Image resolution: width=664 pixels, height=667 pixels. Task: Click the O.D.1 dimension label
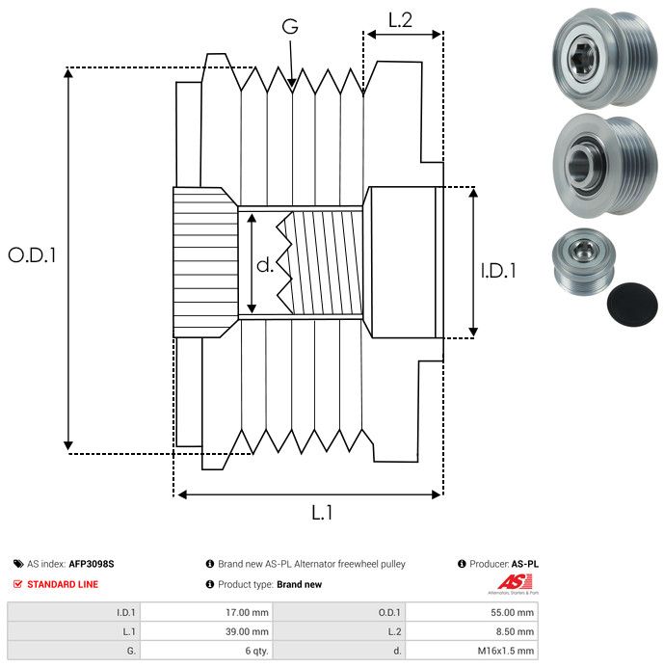33,255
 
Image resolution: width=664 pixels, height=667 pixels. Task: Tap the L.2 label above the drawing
400,19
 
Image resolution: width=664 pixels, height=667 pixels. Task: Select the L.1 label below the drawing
321,514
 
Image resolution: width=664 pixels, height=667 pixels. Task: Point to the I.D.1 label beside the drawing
498,272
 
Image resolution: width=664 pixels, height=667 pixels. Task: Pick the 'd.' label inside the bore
265,264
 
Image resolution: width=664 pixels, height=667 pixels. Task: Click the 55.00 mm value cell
514,611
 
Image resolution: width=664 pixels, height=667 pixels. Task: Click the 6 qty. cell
253,651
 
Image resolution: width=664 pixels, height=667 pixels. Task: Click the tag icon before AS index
18,564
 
